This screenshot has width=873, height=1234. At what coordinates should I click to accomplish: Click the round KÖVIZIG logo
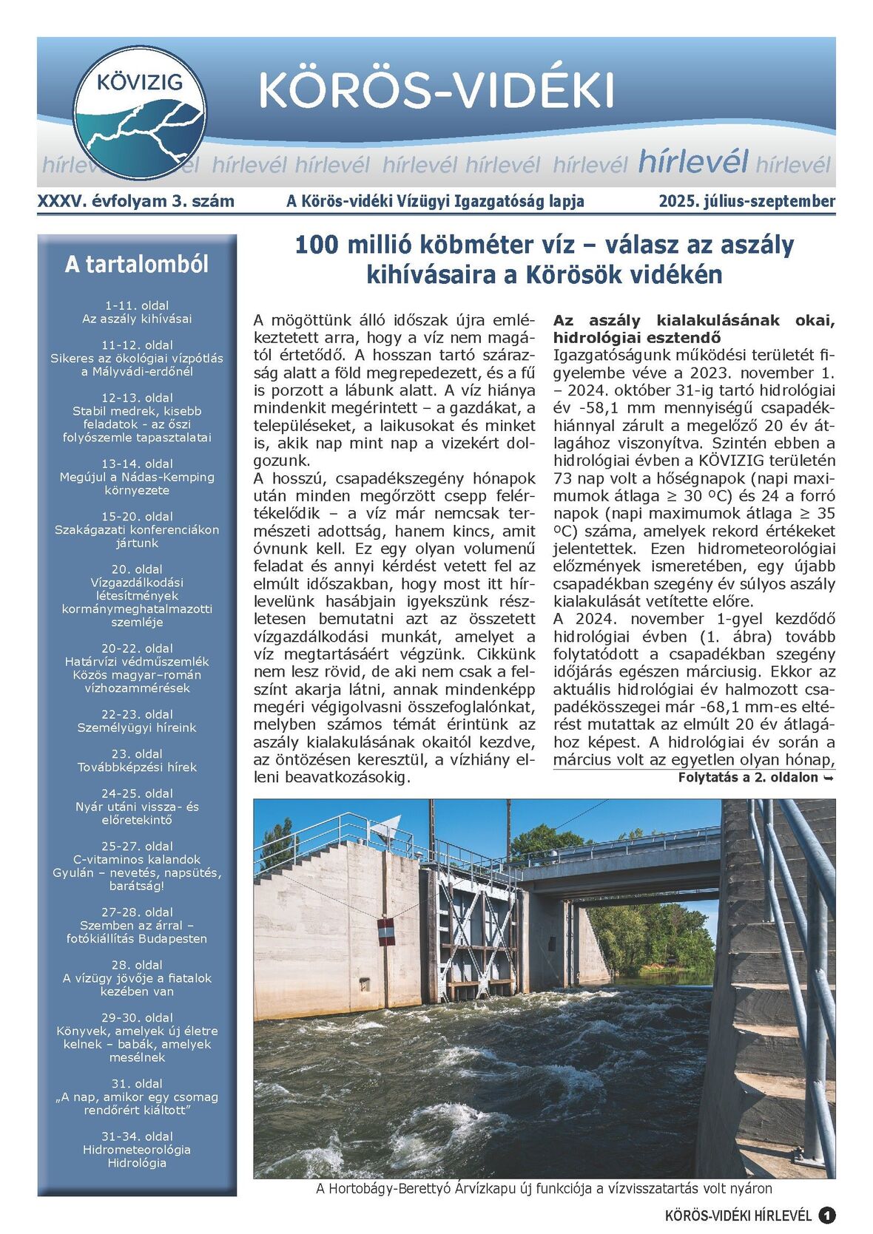click(140, 112)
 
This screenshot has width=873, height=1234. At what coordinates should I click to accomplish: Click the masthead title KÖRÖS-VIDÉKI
click(436, 91)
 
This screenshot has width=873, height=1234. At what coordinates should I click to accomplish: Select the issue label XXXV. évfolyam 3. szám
click(135, 201)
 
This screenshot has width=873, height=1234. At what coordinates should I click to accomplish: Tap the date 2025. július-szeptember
click(746, 201)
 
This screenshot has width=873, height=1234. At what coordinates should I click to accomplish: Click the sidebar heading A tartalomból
click(137, 264)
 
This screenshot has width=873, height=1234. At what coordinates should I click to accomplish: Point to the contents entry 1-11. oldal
click(137, 305)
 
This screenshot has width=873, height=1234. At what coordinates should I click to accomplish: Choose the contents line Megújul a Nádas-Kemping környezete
click(137, 484)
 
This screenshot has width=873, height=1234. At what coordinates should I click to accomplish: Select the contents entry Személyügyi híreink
click(137, 728)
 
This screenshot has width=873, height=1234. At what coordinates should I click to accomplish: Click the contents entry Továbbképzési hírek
click(137, 767)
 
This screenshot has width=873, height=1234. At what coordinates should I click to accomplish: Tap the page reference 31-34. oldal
click(137, 1136)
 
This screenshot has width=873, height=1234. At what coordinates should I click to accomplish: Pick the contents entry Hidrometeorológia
click(137, 1149)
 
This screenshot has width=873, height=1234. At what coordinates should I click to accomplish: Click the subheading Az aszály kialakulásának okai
click(693, 320)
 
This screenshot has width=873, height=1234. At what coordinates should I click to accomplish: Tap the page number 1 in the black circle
click(826, 1216)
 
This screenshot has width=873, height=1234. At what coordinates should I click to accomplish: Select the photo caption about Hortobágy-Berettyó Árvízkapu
click(544, 1189)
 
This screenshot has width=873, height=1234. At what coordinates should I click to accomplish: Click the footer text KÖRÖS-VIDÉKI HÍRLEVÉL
click(738, 1216)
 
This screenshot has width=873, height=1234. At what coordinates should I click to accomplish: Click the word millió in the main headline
click(375, 245)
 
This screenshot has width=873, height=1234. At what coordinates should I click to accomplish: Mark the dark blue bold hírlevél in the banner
click(692, 161)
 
